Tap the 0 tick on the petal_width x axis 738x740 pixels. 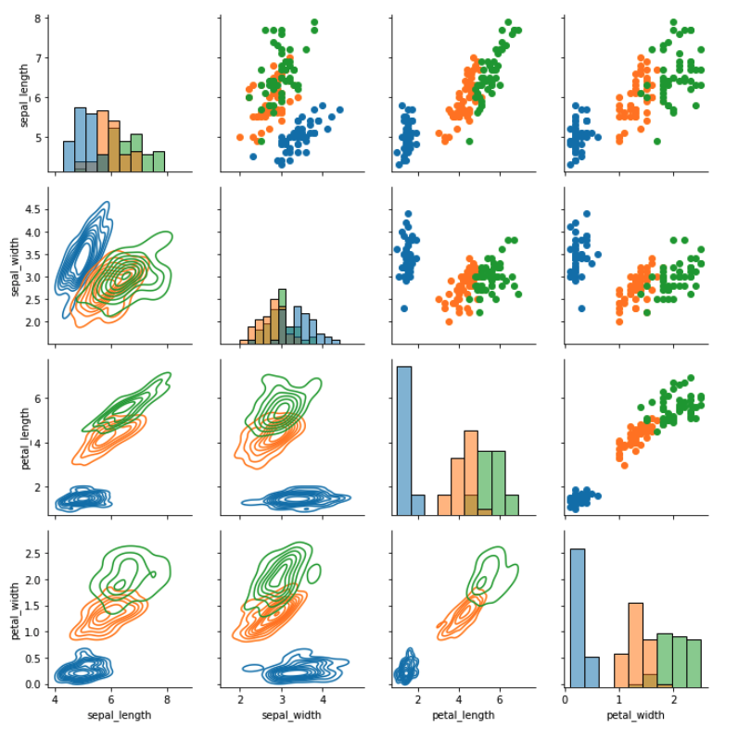(565, 699)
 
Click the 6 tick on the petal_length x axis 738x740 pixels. (499, 699)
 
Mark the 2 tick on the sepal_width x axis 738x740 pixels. (241, 699)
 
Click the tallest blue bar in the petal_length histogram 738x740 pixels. (403, 440)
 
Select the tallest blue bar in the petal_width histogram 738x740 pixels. (577, 616)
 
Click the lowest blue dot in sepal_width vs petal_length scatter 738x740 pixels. (404, 308)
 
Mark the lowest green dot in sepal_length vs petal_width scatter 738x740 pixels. (656, 142)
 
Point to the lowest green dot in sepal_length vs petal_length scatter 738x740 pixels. (469, 142)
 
